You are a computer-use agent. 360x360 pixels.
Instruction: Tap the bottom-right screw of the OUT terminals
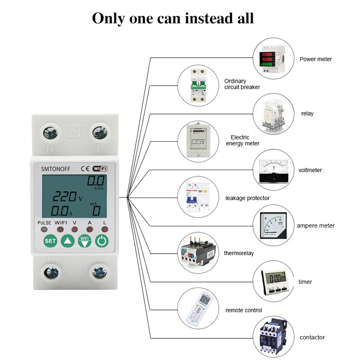pos(99,273)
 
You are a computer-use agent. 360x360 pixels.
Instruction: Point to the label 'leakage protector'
pos(247,198)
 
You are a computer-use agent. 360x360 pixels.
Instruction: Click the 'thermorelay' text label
pos(238,253)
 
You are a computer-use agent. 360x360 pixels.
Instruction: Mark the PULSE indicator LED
pos(44,230)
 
